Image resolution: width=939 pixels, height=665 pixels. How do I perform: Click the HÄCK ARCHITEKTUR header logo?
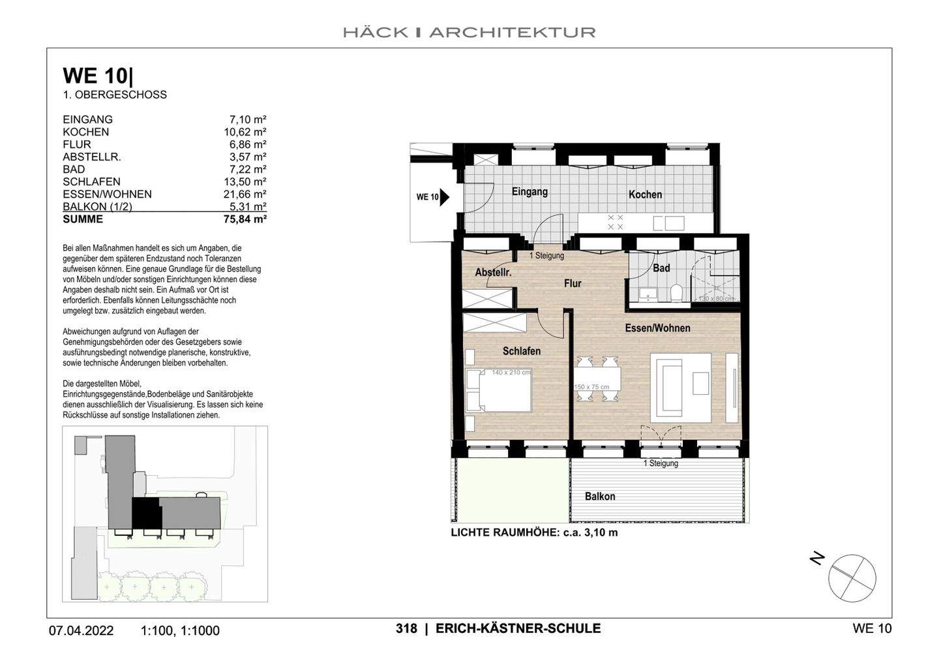click(469, 32)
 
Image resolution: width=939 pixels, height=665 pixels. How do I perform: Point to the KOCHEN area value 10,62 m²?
click(245, 132)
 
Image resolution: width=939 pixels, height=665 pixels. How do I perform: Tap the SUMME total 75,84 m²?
click(245, 219)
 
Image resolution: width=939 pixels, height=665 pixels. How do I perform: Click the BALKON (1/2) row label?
click(97, 207)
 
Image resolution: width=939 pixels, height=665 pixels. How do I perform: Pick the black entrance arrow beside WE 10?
click(445, 196)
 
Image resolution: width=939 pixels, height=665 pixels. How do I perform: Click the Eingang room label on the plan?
click(529, 192)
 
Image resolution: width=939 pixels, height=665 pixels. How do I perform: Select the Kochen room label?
click(645, 194)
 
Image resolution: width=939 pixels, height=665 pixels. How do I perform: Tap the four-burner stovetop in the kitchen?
click(615, 222)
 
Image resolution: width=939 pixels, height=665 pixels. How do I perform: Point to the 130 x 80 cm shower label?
click(715, 298)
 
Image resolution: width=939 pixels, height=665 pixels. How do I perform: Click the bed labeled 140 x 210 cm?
click(499, 390)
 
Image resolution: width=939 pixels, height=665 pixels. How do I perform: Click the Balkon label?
click(599, 497)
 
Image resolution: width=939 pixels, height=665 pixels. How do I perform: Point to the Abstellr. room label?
click(493, 272)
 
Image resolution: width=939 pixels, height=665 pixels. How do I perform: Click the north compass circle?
click(852, 577)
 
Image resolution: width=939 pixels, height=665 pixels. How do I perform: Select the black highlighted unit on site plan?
click(146, 513)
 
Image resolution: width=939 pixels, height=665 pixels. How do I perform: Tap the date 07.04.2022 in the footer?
click(81, 630)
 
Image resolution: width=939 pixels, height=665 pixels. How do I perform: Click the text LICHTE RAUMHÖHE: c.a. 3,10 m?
click(534, 533)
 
